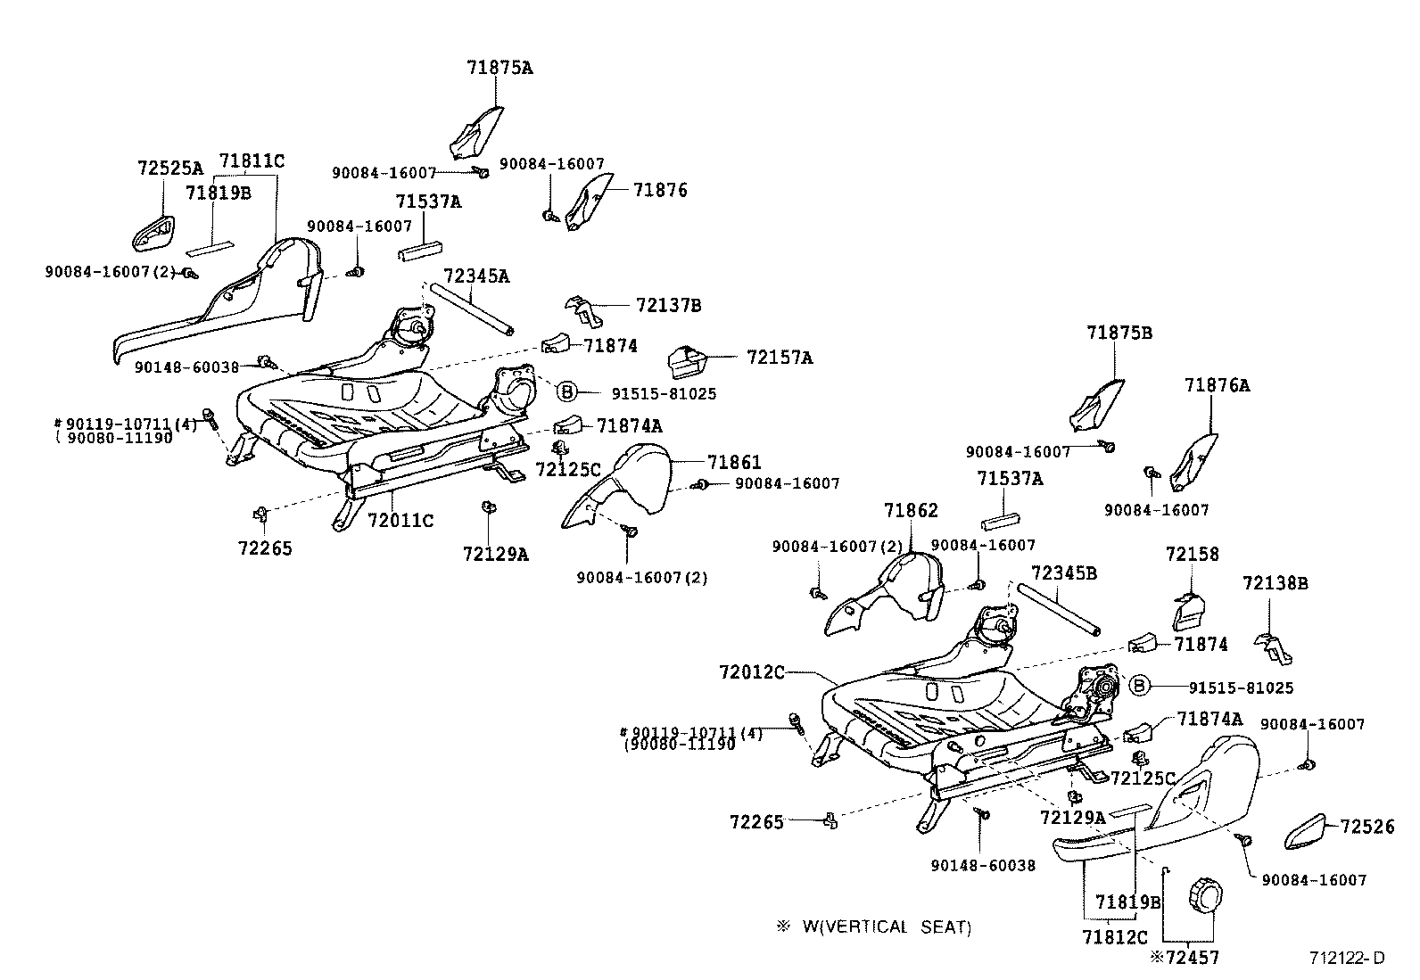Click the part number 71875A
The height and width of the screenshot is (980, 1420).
click(x=499, y=67)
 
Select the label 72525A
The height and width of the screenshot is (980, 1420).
click(x=169, y=168)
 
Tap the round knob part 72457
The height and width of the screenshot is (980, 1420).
click(x=1205, y=893)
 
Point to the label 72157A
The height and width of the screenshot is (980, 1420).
click(x=780, y=358)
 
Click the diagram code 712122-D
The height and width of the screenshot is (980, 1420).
click(x=1346, y=959)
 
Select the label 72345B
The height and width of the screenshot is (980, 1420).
click(x=1063, y=572)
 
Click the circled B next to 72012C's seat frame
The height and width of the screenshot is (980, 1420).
click(x=1138, y=686)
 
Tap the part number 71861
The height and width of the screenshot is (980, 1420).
click(x=734, y=462)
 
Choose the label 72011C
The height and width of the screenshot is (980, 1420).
click(x=400, y=520)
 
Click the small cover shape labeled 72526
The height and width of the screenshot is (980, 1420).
click(x=1309, y=833)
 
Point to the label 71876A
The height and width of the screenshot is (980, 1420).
click(x=1217, y=385)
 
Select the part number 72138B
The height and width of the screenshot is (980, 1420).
click(x=1275, y=584)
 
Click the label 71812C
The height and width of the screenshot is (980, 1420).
click(x=1114, y=937)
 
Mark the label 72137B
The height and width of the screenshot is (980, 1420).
click(x=668, y=306)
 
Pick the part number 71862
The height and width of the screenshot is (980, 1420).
click(x=911, y=511)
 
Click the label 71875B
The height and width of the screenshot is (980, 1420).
click(x=1119, y=333)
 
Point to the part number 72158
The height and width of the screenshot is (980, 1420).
click(x=1192, y=555)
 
